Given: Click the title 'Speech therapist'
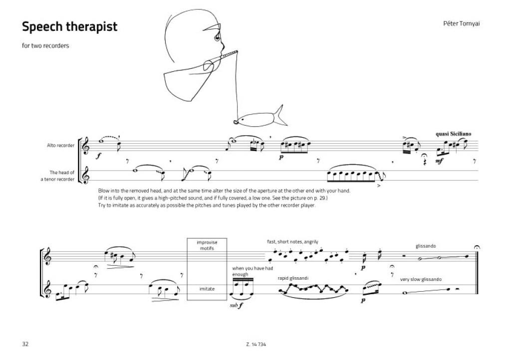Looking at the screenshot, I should [69, 26].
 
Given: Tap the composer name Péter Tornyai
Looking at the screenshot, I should [462, 23].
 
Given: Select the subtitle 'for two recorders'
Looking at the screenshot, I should [45, 46].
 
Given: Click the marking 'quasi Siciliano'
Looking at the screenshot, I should [453, 134].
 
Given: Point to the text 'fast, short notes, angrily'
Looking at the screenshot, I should [293, 242].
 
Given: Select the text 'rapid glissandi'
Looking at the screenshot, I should [293, 278].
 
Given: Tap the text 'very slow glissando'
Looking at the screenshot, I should [421, 279].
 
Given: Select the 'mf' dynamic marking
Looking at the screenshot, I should [439, 162].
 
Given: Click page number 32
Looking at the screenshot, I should [25, 345].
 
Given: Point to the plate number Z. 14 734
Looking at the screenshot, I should [255, 345].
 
